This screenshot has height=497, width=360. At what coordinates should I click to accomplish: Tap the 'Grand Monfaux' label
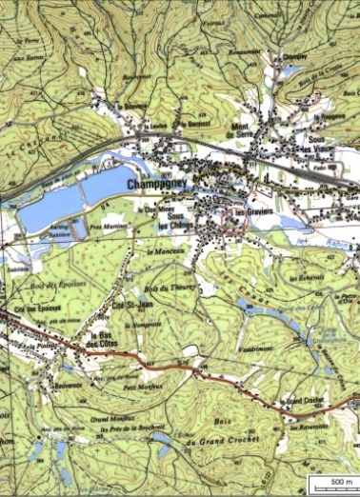(x=108, y=417)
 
